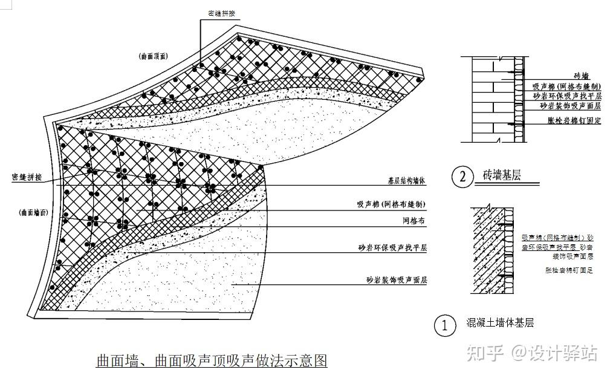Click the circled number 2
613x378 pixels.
point(462,177)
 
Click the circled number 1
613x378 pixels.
point(445,325)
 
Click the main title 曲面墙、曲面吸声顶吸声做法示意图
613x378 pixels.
point(212,361)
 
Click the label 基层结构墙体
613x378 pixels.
point(407,181)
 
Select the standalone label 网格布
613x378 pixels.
point(414,222)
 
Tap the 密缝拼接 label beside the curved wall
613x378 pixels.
point(30,177)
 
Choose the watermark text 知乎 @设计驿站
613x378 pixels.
point(532,353)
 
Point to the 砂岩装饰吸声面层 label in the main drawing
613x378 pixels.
point(397,280)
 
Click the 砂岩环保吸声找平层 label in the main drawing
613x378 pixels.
point(393,248)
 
